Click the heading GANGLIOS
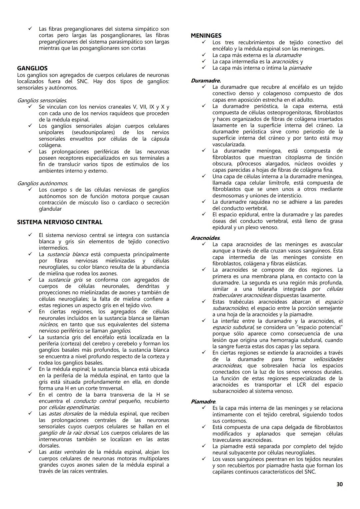[x=32, y=68]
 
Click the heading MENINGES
[x=206, y=36]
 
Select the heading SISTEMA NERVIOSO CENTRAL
[x=60, y=222]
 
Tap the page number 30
[x=339, y=484]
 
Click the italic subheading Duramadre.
[x=206, y=81]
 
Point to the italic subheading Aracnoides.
[x=205, y=238]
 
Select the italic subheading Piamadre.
[x=203, y=402]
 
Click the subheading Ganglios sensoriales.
[x=42, y=100]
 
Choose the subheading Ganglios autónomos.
[x=42, y=183]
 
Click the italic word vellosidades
[x=328, y=359]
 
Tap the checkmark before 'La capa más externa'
[x=203, y=55]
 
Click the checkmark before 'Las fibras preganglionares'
[x=30, y=29]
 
